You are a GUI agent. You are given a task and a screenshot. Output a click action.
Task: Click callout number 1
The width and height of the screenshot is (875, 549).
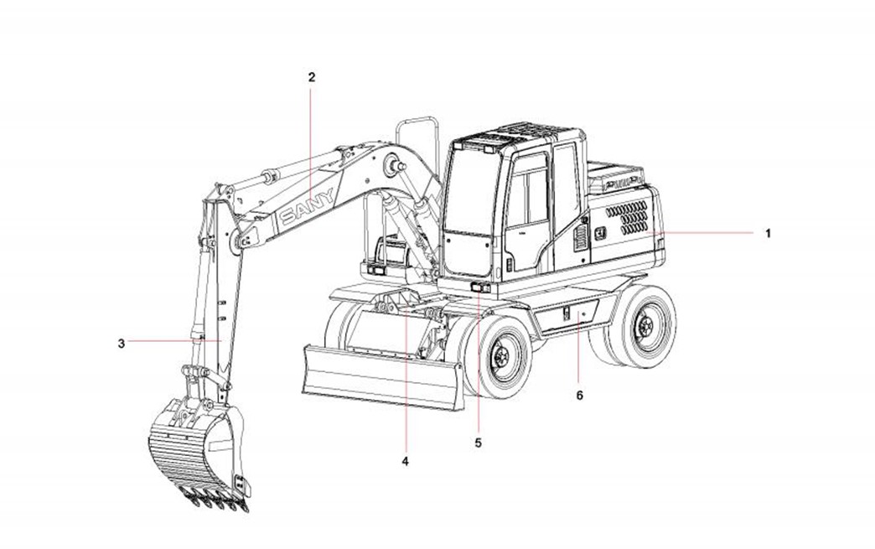click(x=768, y=233)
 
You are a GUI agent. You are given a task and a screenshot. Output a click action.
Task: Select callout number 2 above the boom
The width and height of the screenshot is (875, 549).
click(x=312, y=77)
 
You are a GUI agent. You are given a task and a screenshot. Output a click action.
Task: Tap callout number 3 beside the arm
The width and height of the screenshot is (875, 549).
click(x=122, y=343)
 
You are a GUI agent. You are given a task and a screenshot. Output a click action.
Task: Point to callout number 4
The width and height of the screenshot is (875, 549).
click(x=405, y=461)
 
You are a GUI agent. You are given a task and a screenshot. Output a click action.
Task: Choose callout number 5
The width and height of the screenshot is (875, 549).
click(x=479, y=443)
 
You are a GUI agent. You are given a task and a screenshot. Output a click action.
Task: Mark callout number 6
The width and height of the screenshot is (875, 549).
click(x=579, y=395)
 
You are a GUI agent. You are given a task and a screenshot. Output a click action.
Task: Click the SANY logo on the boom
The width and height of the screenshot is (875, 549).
click(x=308, y=206)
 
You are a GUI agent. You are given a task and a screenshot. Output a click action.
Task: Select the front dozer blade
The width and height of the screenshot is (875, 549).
click(x=383, y=377)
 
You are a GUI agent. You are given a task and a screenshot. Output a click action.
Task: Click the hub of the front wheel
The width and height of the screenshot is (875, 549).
click(x=500, y=355)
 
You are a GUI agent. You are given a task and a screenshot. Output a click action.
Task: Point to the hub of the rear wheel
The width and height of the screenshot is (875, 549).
click(x=646, y=324)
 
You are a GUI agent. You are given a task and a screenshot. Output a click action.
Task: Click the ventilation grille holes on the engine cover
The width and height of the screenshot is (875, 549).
click(x=627, y=217)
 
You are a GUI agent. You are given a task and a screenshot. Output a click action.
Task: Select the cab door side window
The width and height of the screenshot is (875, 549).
click(x=527, y=194)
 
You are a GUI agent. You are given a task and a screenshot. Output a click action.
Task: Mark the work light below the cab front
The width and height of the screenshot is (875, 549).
click(x=480, y=287)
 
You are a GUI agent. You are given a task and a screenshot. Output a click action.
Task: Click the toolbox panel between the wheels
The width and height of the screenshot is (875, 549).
click(x=567, y=316)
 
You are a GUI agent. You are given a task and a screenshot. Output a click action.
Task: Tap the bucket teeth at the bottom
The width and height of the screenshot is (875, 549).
click(x=215, y=500)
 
